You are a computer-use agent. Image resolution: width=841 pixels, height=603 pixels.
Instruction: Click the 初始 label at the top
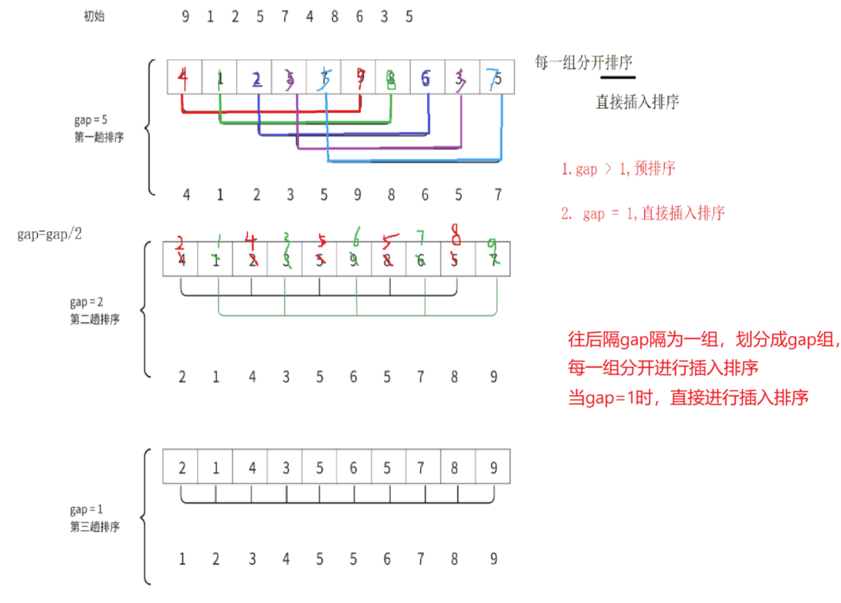pos(94,16)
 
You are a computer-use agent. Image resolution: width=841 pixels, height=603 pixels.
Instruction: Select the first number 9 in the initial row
pos(185,17)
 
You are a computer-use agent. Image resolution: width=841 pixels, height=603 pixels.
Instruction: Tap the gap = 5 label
pos(90,120)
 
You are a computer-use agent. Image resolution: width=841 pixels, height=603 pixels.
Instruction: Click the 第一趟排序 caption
pos(99,137)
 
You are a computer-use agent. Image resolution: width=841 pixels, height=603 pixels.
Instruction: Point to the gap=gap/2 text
pos(49,234)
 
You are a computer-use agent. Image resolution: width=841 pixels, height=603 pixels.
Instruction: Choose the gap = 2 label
pos(86,302)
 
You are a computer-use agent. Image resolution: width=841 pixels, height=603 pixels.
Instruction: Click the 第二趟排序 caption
pos(95,319)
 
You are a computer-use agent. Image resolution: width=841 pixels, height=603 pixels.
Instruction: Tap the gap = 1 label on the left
pos(86,510)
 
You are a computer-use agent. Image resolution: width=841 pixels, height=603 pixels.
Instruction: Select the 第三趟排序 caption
pos(95,527)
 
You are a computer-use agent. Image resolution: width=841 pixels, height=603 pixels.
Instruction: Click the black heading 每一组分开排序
pos(584,62)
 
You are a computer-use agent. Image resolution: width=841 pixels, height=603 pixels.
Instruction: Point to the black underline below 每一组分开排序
pos(618,77)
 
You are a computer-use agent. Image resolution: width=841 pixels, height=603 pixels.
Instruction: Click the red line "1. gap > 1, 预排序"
pos(618,168)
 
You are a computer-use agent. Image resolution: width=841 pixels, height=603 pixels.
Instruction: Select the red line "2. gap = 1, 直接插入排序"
pos(643,213)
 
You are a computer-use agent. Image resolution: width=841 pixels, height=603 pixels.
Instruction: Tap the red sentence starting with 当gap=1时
pos(688,397)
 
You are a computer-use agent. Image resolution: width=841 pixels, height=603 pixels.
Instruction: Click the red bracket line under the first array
pos(271,112)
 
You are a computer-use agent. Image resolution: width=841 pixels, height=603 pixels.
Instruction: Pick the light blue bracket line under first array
pos(415,161)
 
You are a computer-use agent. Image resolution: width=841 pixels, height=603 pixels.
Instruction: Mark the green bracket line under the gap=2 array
pos(357,315)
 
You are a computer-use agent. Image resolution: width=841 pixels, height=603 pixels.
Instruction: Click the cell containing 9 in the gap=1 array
pos(493,467)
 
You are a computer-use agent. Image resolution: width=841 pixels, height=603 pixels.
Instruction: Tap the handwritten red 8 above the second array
pos(456,234)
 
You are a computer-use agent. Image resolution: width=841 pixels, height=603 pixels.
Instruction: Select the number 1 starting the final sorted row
pos(182,559)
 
